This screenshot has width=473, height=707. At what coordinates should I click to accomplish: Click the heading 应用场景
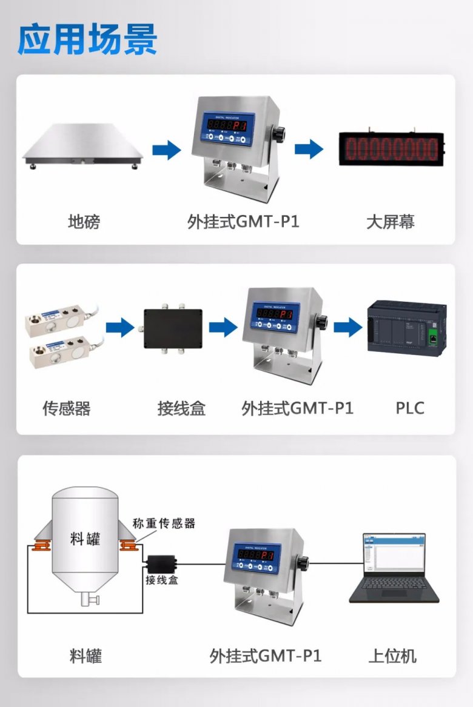87,40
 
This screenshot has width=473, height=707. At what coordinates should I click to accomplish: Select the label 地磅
84,222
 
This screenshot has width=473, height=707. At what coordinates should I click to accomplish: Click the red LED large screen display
391,148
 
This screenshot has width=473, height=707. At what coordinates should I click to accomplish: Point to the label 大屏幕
391,222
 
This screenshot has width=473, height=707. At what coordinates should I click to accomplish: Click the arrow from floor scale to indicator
166,150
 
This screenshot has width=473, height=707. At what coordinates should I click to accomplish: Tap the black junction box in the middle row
172,329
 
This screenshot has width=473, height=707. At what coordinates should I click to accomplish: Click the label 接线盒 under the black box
181,408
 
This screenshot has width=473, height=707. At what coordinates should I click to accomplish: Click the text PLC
410,408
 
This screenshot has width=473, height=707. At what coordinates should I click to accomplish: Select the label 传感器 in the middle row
67,408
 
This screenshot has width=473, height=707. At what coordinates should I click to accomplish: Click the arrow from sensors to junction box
119,328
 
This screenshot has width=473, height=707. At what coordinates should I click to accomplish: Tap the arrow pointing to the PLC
347,328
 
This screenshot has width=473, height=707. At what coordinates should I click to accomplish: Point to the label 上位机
392,656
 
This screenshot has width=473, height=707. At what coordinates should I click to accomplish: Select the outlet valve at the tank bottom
90,600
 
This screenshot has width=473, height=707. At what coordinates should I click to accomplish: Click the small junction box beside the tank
161,565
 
